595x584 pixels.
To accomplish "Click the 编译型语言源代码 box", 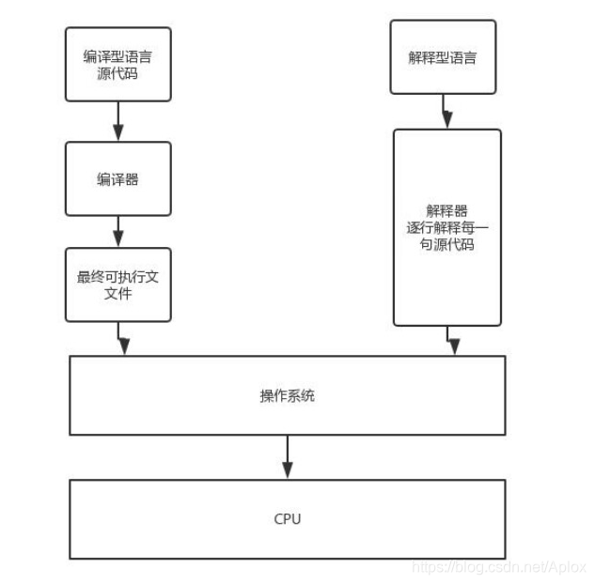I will click(117, 64).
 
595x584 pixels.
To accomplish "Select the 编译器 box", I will click(117, 178).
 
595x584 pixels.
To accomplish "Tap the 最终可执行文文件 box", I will click(117, 285).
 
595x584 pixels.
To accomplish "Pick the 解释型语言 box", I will click(445, 59).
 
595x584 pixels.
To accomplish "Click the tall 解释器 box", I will click(446, 227).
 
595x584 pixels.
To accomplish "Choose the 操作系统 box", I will click(287, 395).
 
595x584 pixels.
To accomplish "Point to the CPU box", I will click(287, 519).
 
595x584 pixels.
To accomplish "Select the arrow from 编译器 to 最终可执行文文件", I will click(118, 231).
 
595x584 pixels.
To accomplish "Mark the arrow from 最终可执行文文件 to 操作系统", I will click(123, 338).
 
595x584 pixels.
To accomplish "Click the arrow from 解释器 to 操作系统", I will click(453, 340).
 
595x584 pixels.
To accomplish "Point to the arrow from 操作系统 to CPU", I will click(288, 457).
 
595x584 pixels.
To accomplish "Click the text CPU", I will click(287, 519).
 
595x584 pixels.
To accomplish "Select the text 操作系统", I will click(287, 395).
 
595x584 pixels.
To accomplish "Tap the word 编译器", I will click(117, 178).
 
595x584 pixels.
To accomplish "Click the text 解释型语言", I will click(445, 59).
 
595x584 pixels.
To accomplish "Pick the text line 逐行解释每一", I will click(446, 227).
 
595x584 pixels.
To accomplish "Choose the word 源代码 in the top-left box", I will click(117, 72).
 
